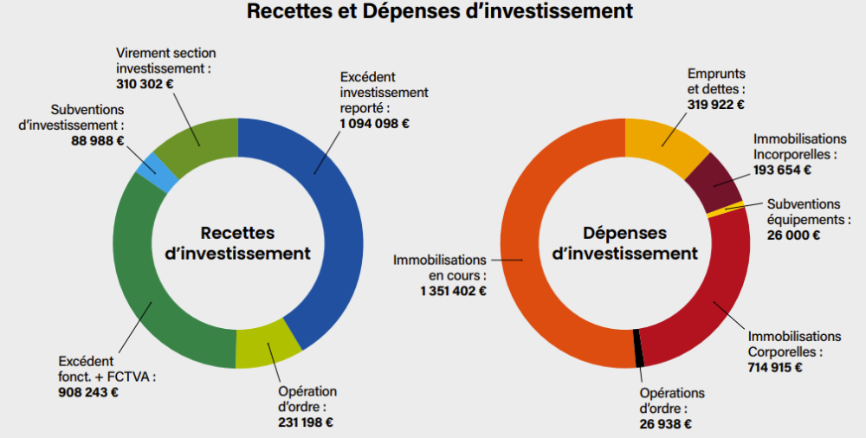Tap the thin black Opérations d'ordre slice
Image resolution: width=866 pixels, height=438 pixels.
coord(639,348)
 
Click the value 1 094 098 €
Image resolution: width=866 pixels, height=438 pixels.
coord(375,124)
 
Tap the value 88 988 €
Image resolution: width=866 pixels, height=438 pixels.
coord(97,141)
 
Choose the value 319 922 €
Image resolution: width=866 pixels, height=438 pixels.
coord(716,105)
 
